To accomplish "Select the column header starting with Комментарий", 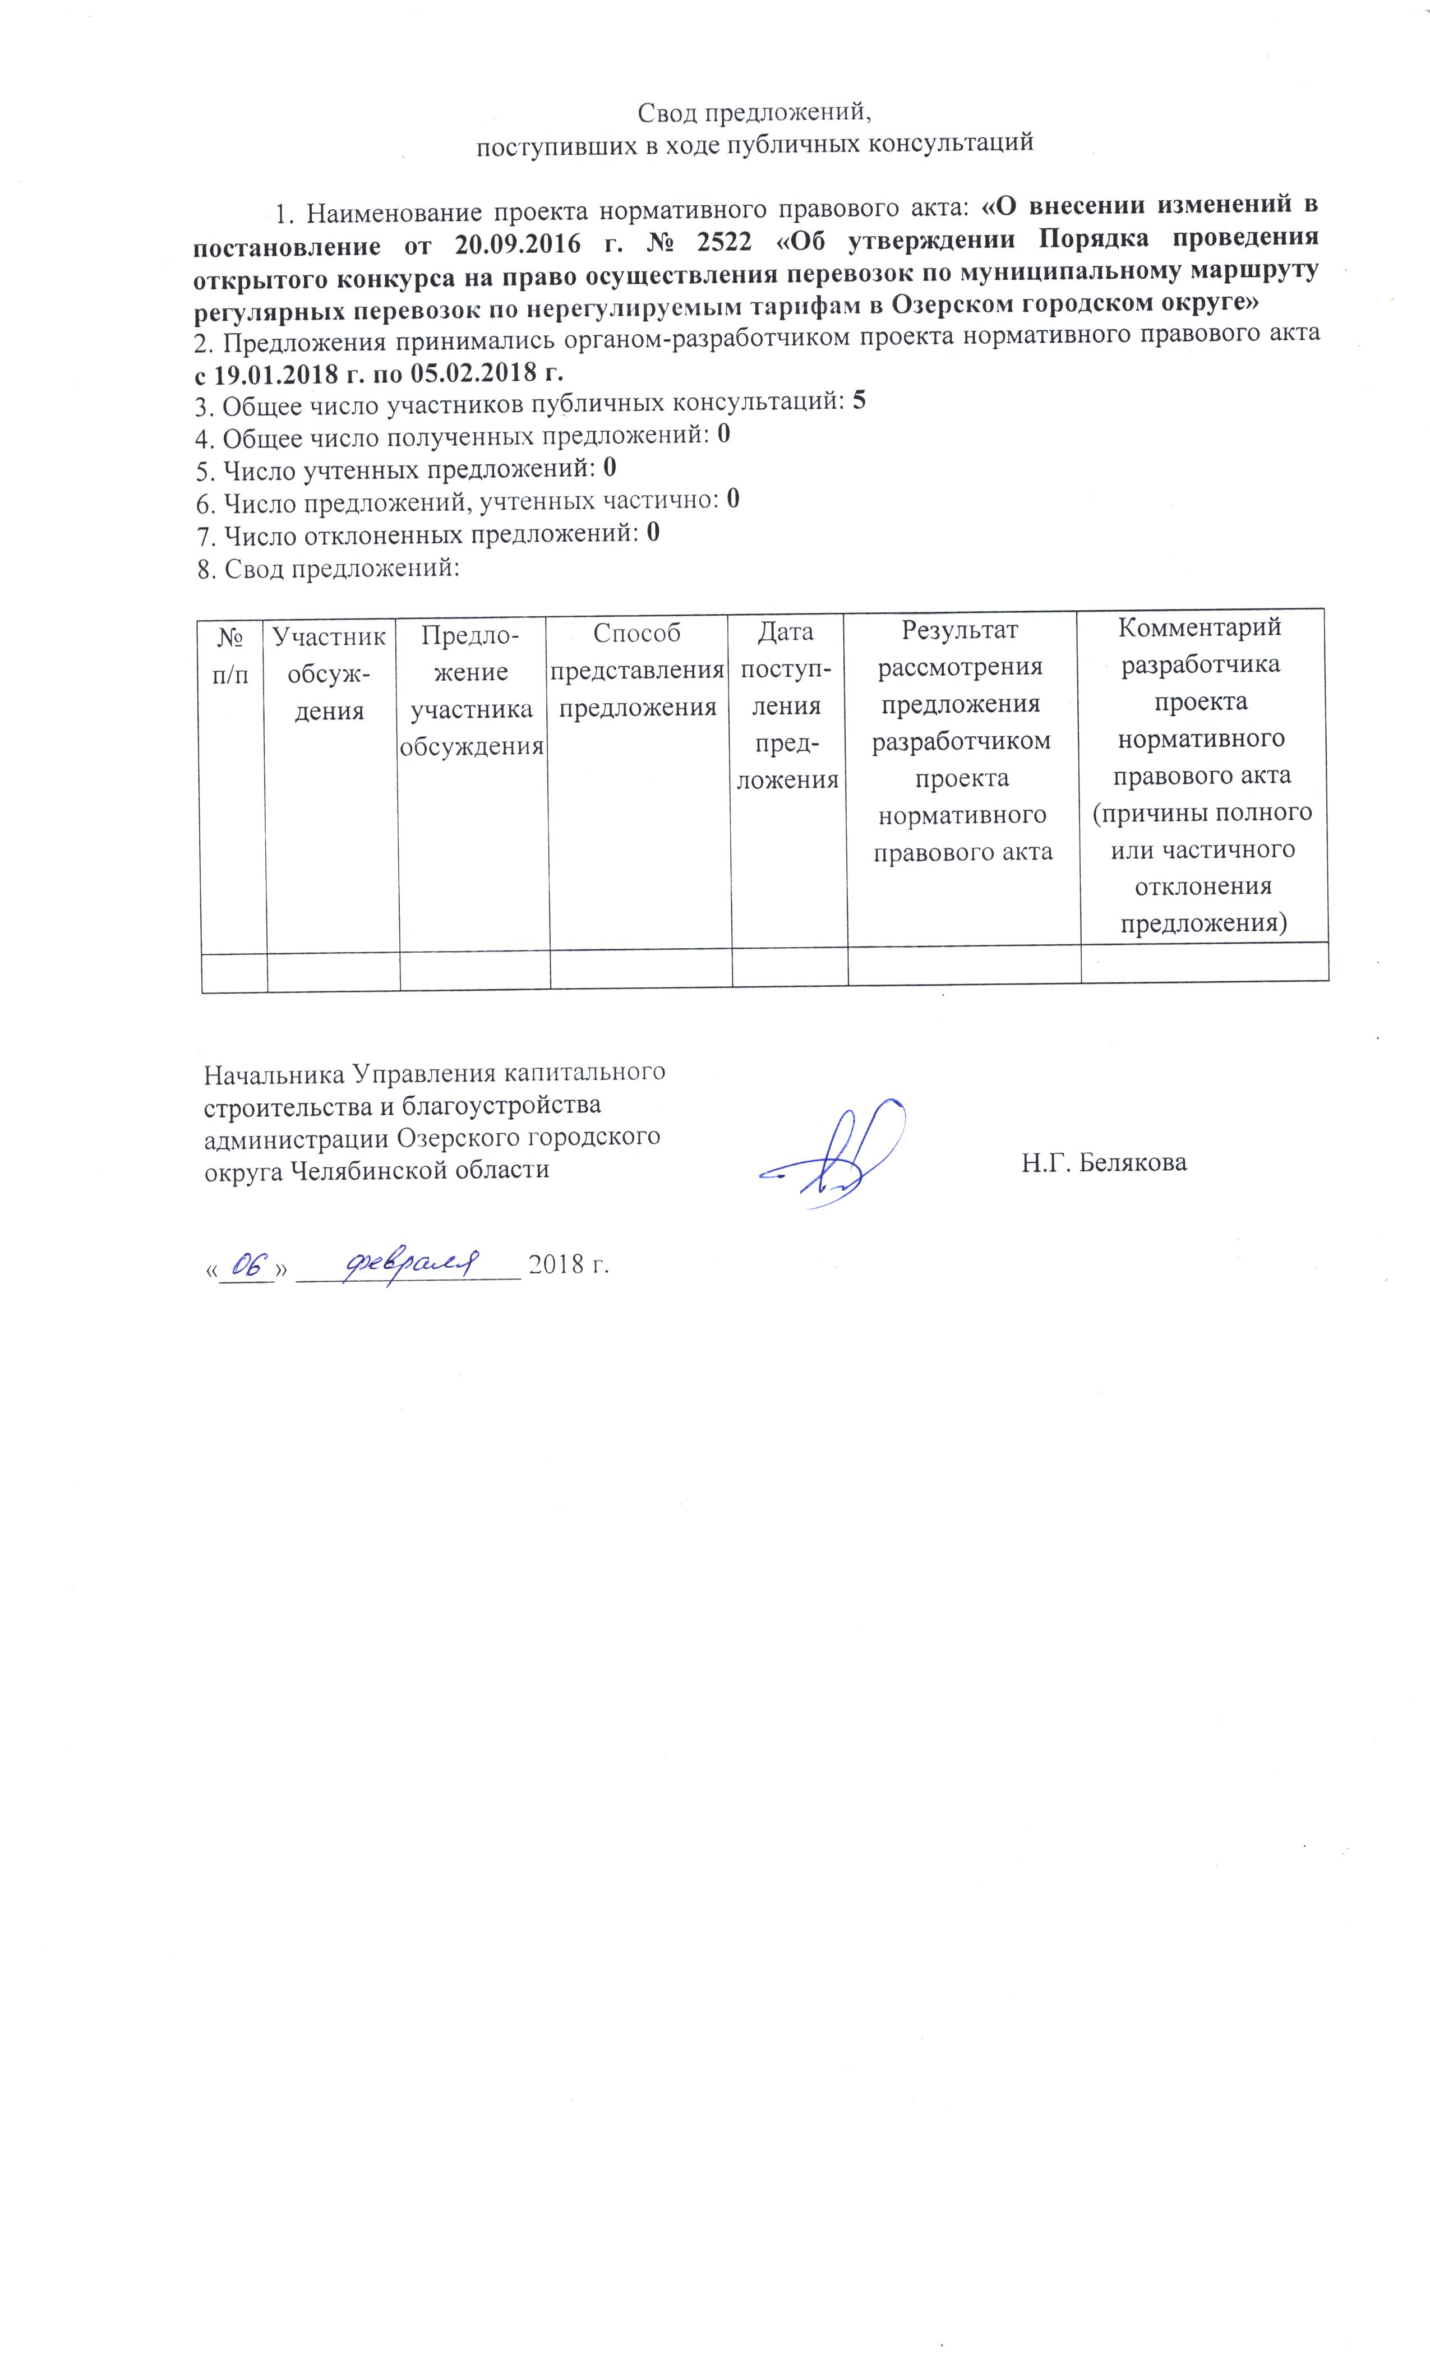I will point(1201,775).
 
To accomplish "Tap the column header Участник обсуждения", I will point(330,672).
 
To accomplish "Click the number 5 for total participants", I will point(859,401).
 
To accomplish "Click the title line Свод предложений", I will point(755,113).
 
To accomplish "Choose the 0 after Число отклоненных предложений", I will point(653,532).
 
